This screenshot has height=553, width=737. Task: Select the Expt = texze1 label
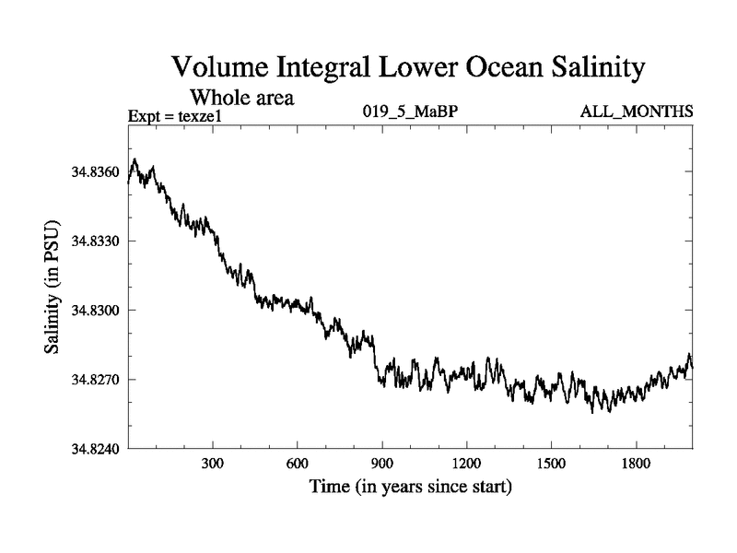174,115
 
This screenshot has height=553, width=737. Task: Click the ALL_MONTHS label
636,112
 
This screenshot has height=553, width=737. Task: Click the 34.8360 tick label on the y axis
97,172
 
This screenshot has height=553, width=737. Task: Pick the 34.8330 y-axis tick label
97,241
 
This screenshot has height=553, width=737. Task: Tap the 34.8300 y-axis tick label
97,311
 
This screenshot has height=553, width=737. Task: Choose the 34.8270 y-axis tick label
97,380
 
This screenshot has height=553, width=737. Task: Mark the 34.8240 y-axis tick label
97,449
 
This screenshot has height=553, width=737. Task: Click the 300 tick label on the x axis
213,464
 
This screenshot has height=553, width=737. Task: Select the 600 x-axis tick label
298,464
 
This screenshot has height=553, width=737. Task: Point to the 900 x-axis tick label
382,464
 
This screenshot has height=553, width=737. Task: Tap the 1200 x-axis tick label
466,464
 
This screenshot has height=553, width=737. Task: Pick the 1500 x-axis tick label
551,464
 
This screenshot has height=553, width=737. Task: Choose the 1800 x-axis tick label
636,464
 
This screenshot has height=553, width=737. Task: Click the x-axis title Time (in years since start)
410,486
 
